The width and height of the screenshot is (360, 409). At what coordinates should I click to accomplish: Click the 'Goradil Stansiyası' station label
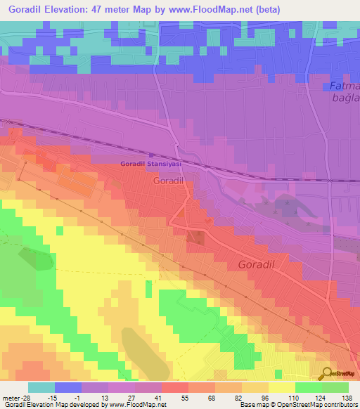[151, 164]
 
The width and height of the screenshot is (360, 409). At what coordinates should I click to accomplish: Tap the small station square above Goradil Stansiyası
[150, 157]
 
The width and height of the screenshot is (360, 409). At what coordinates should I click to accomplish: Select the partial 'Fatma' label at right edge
[345, 86]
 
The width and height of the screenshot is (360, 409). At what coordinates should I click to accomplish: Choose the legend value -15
[67, 397]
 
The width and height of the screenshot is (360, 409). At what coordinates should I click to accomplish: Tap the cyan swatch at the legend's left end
[41, 387]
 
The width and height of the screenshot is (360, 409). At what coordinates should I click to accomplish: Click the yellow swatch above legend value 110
[282, 387]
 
